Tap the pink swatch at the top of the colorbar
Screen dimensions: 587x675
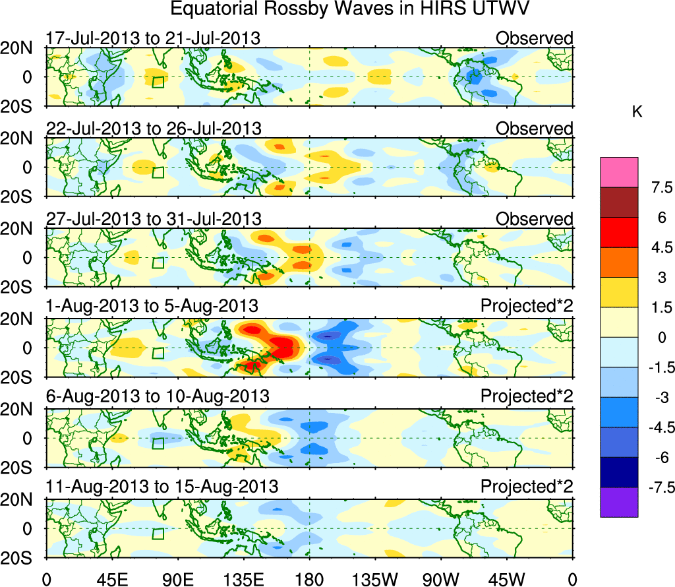coord(619,172)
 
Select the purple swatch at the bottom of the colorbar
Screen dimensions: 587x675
coord(619,502)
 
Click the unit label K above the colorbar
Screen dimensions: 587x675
coord(637,112)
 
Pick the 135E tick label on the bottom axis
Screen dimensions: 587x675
coord(243,579)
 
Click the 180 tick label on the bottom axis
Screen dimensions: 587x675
coord(309,579)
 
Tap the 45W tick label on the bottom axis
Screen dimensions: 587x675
coord(507,579)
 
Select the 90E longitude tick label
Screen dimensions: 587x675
coord(177,579)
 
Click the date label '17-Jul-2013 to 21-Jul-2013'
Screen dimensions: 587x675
coord(153,38)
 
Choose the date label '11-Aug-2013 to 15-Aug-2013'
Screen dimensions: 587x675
coord(161,487)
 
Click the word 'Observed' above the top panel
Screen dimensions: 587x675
coord(535,38)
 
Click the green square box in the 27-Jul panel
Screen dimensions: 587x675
coord(158,263)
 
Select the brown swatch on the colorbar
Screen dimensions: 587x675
coord(619,202)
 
